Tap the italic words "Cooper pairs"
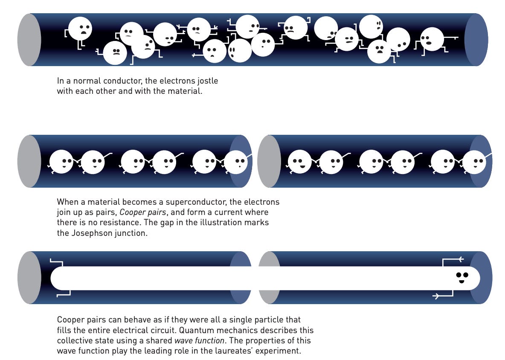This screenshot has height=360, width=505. coord(142,212)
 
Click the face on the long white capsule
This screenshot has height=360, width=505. coord(462,277)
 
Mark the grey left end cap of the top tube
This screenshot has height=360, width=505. coord(29,40)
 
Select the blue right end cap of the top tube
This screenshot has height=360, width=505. coord(476,40)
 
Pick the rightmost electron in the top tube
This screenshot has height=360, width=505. coord(432,39)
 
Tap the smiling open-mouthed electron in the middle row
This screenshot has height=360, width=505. coord(300,162)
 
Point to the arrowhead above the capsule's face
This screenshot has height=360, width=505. coord(460,259)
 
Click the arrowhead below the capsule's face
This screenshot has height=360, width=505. coord(436,296)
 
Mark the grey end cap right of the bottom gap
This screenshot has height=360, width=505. coord(269,278)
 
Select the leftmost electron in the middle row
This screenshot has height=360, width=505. coord(61,162)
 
